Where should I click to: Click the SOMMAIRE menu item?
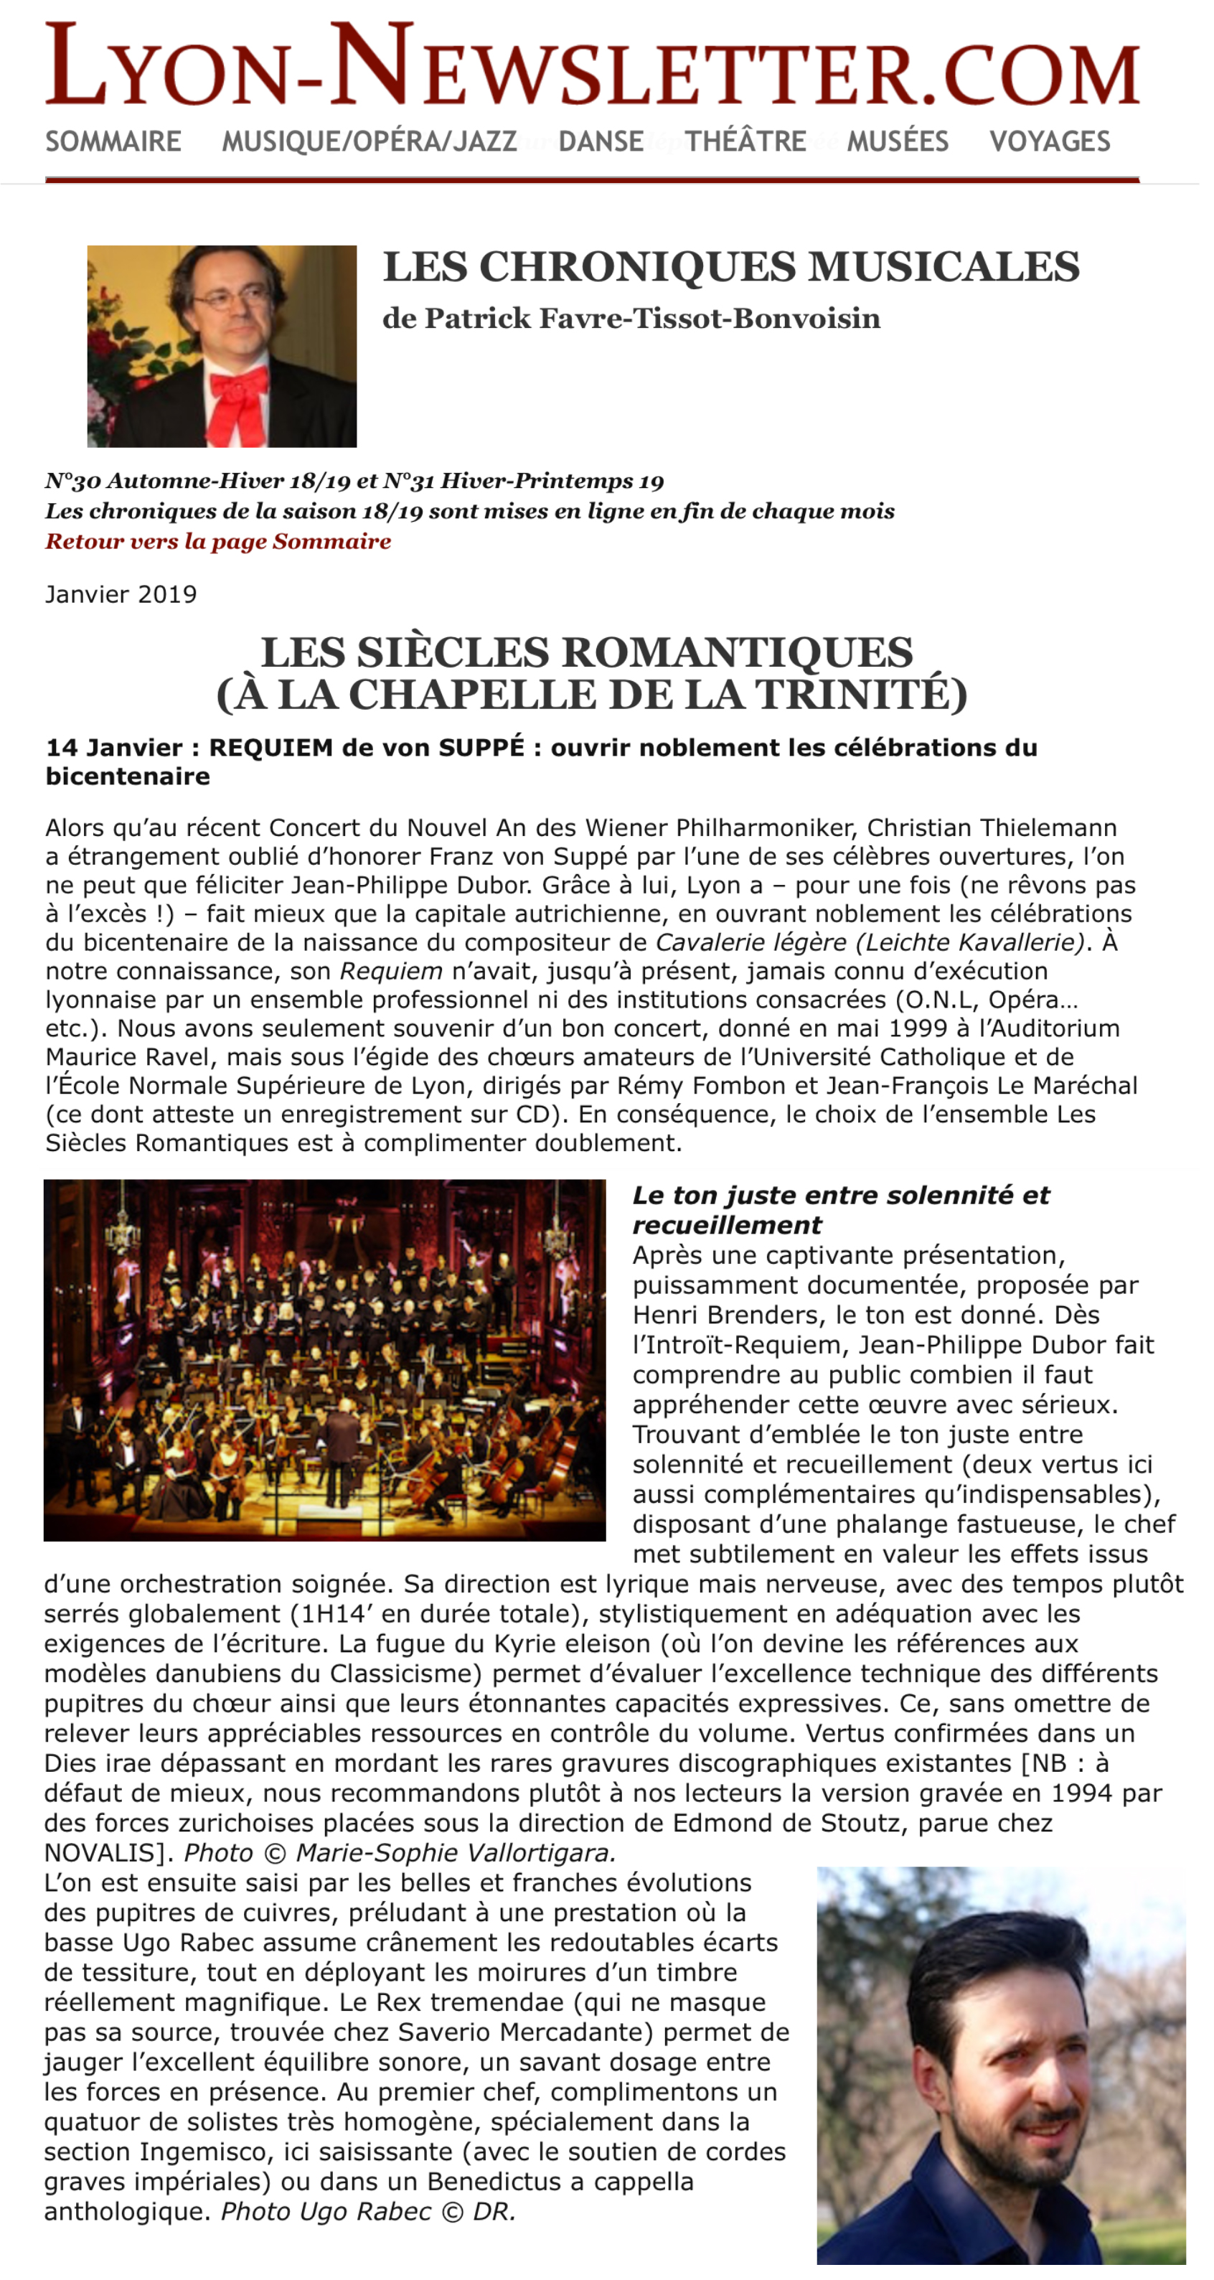113,141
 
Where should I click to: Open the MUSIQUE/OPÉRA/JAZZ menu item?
369,141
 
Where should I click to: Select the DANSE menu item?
601,141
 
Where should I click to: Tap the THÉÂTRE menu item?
745,141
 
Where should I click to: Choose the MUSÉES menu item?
898,141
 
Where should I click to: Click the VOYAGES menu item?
1050,141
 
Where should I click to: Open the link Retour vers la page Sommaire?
217,541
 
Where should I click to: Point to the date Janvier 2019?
121,594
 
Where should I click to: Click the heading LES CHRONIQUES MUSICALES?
731,266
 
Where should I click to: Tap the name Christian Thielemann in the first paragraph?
991,827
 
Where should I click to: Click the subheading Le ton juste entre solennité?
841,1196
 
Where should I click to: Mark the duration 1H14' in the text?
337,1615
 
